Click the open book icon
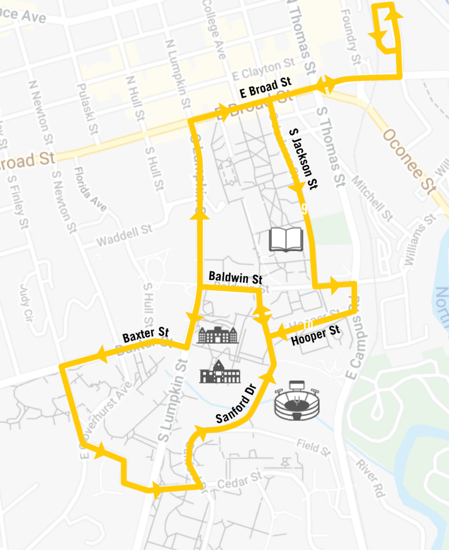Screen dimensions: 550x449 click(x=286, y=239)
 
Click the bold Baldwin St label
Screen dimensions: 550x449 click(x=235, y=279)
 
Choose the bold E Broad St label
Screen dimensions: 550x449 click(x=265, y=88)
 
